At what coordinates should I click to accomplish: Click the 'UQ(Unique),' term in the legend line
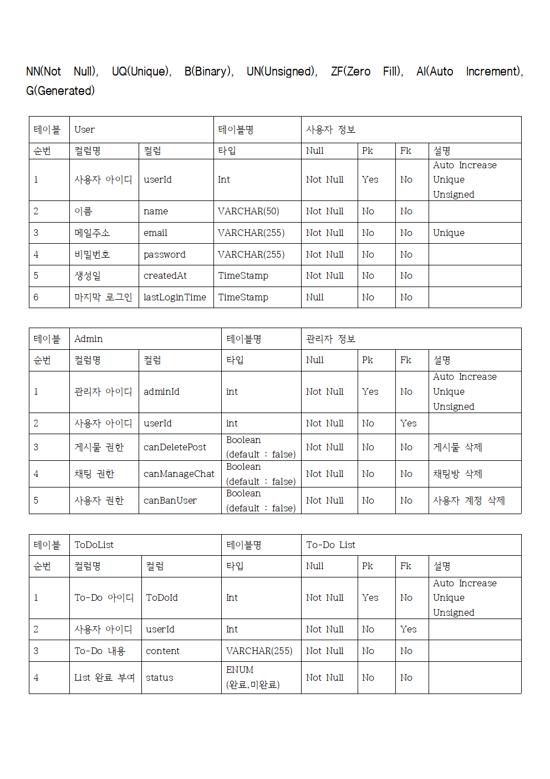pyautogui.click(x=141, y=72)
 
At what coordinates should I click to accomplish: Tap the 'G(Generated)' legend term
pyautogui.click(x=60, y=91)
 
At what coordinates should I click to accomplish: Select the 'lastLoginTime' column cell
pyautogui.click(x=175, y=298)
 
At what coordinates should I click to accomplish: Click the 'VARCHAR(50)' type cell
pyautogui.click(x=248, y=212)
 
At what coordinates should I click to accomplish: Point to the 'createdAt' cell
pyautogui.click(x=165, y=276)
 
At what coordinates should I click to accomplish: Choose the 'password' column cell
pyautogui.click(x=164, y=255)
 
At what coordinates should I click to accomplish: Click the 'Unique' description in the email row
pyautogui.click(x=449, y=233)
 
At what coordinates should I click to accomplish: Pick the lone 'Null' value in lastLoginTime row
pyautogui.click(x=315, y=298)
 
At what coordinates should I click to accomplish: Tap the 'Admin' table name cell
pyautogui.click(x=89, y=339)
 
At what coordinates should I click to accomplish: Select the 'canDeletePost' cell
pyautogui.click(x=175, y=448)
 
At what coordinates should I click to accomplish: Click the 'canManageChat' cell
pyautogui.click(x=179, y=474)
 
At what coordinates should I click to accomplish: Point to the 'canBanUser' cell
pyautogui.click(x=170, y=501)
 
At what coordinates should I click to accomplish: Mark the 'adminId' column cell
pyautogui.click(x=161, y=392)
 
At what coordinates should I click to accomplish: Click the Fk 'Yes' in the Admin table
pyautogui.click(x=409, y=424)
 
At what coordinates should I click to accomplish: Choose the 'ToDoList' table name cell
pyautogui.click(x=94, y=545)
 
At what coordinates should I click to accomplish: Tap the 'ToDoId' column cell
pyautogui.click(x=162, y=598)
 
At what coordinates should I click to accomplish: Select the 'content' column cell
pyautogui.click(x=162, y=651)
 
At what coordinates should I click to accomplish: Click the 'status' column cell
pyautogui.click(x=160, y=678)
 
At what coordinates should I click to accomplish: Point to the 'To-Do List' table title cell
pyautogui.click(x=330, y=545)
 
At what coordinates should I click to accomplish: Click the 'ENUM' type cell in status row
pyautogui.click(x=240, y=670)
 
